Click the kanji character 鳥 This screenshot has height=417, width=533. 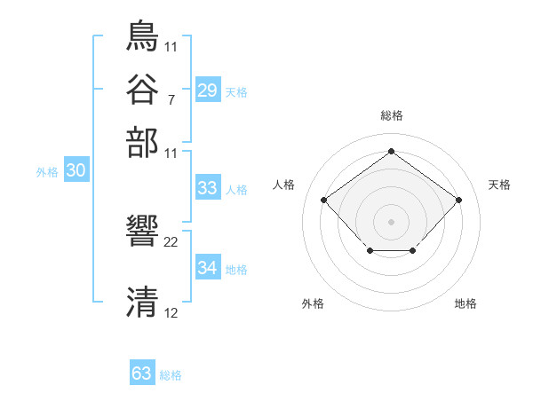tap(142, 37)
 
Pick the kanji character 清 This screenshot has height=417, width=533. tap(142, 303)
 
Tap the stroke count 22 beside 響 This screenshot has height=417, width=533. tap(171, 241)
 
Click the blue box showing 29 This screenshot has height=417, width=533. tap(207, 90)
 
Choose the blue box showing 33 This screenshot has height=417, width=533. tap(207, 188)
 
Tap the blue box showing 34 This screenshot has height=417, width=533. tap(207, 268)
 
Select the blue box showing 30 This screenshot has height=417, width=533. tap(76, 171)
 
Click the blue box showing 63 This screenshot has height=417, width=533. tap(141, 374)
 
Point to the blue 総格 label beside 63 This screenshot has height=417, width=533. tap(171, 375)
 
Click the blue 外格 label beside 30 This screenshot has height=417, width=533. tap(47, 173)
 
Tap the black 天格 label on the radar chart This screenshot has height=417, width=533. tap(499, 185)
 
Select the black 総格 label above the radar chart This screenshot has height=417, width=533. tap(391, 115)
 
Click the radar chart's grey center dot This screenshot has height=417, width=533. tap(391, 220)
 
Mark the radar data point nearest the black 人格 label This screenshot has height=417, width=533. tap(323, 201)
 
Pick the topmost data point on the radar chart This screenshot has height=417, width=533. tap(391, 152)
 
